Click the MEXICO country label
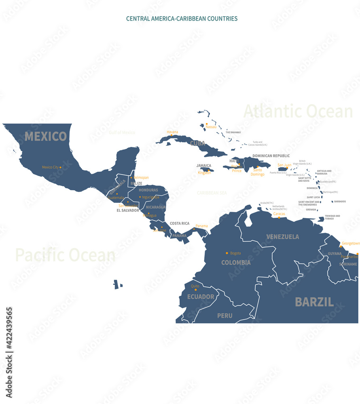coord(46,137)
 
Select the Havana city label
coord(172,132)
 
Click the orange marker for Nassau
coord(207,124)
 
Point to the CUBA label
coord(197,143)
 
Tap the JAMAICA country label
coord(204,166)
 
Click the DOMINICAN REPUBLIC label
coord(271,156)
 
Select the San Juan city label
coord(284,165)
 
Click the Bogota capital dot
coord(227,253)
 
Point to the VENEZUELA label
coord(283,237)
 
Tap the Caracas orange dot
coord(279,218)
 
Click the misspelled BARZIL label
coord(314,302)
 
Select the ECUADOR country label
coord(201,297)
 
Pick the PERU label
coord(225,316)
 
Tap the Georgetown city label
coord(351,243)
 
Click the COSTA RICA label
coord(180,223)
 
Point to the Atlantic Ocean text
coord(298,111)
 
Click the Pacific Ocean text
coord(65,255)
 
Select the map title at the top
coord(182,19)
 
